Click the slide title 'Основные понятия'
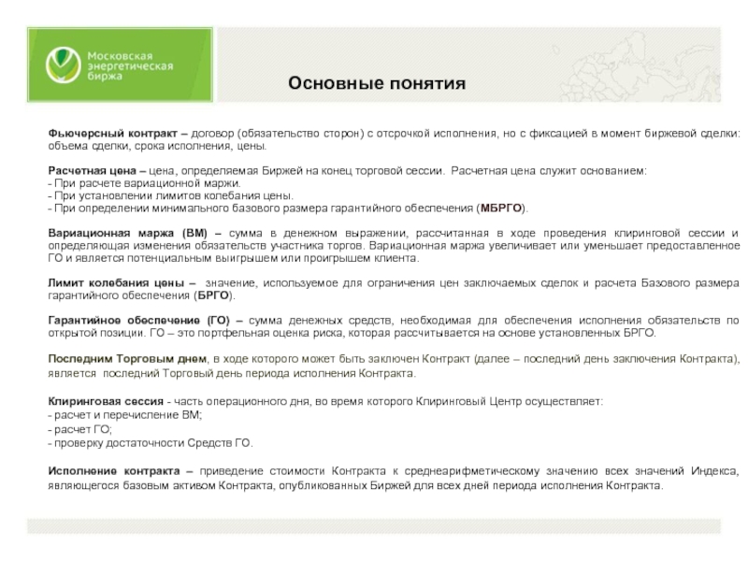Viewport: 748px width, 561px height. [376, 84]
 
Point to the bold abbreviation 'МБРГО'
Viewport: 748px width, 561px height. [500, 208]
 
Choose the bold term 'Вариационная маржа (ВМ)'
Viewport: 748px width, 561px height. [127, 233]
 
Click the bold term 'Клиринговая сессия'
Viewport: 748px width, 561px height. [106, 401]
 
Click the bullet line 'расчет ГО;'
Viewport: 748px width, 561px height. [82, 429]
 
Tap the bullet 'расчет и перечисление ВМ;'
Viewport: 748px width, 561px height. [126, 415]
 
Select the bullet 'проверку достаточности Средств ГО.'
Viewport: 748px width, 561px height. [152, 443]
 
